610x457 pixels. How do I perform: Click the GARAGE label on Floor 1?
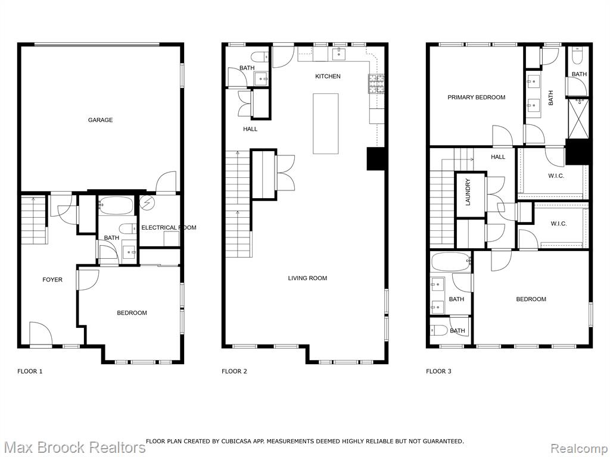click(100, 120)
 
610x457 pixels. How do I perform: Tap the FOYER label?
click(52, 280)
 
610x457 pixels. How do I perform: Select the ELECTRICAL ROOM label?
click(169, 228)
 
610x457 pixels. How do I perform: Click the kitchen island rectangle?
click(326, 124)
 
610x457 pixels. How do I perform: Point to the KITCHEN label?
click(328, 77)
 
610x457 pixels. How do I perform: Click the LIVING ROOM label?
click(307, 278)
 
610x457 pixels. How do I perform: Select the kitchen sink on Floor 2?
click(339, 54)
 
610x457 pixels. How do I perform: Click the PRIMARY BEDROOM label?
click(476, 98)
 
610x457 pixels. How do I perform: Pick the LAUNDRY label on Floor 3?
click(468, 192)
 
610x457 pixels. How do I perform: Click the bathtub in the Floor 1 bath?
click(116, 205)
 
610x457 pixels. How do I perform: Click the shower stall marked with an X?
click(578, 118)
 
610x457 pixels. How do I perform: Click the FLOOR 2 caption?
click(234, 371)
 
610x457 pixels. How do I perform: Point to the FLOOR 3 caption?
click(438, 371)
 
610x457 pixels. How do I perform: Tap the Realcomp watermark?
click(579, 448)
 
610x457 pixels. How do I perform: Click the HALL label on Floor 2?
click(250, 129)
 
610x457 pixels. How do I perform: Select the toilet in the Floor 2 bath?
click(260, 57)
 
